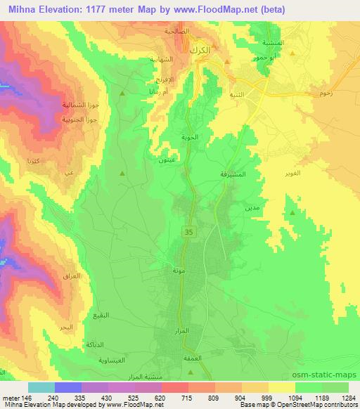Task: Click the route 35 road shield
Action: pyautogui.click(x=189, y=231)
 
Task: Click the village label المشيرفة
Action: pyautogui.click(x=229, y=173)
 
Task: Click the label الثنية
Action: pyautogui.click(x=230, y=93)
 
